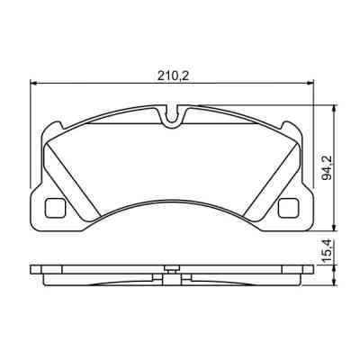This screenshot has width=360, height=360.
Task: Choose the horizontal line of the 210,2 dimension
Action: [x=108, y=86]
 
